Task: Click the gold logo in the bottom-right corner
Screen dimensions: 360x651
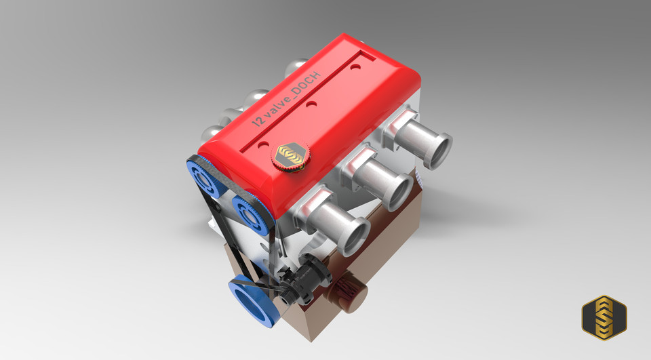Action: coord(604,317)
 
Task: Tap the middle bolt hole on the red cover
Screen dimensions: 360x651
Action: coord(311,105)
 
